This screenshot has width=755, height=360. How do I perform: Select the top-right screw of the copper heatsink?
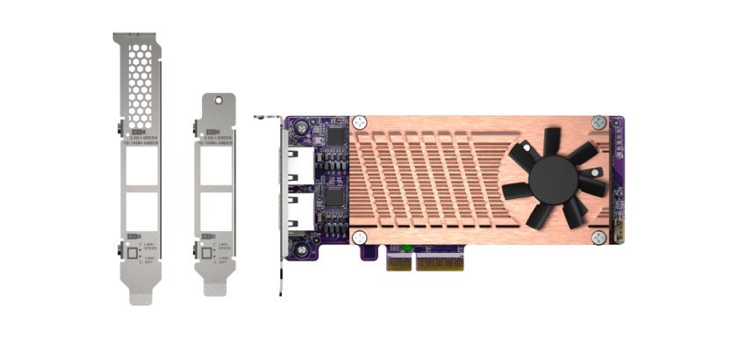(598, 121)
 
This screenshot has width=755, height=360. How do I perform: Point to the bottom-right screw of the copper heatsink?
(598, 237)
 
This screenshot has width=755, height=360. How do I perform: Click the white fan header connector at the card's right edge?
(618, 235)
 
